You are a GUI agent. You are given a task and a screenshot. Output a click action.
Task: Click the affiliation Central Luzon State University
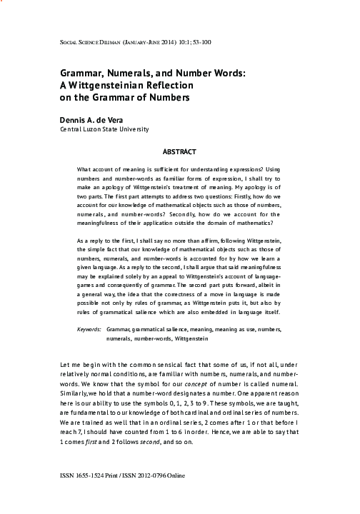[104, 129]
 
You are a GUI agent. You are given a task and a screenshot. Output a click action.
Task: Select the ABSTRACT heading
[179, 152]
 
